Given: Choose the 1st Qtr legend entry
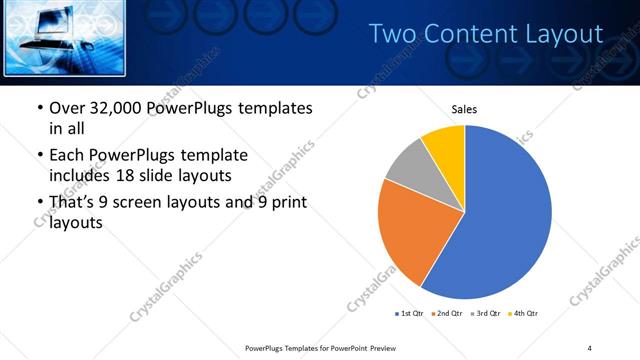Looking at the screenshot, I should pos(409,314).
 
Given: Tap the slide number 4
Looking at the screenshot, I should pos(590,347).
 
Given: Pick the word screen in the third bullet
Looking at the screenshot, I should pos(162,203).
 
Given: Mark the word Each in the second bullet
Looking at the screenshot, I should pos(67,155).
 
